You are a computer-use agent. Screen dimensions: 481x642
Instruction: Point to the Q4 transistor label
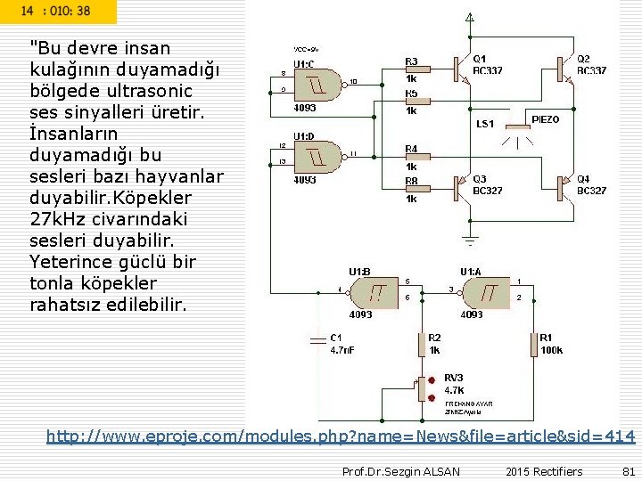(x=591, y=184)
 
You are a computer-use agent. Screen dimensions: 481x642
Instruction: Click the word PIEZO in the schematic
(x=546, y=119)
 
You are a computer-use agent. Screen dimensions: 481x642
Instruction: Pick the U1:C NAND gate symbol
(x=318, y=83)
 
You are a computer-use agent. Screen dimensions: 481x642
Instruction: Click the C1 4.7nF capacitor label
(x=343, y=344)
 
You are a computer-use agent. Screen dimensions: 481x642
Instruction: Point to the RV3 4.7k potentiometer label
(x=454, y=383)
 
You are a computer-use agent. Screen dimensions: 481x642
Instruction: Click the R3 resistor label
(x=411, y=61)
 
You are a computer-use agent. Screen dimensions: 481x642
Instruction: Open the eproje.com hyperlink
(x=341, y=436)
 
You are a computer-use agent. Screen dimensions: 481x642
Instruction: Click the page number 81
(x=626, y=471)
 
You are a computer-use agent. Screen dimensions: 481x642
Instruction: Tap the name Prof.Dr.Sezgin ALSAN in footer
(x=401, y=471)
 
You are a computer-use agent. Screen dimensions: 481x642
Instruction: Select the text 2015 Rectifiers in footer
(x=543, y=471)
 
